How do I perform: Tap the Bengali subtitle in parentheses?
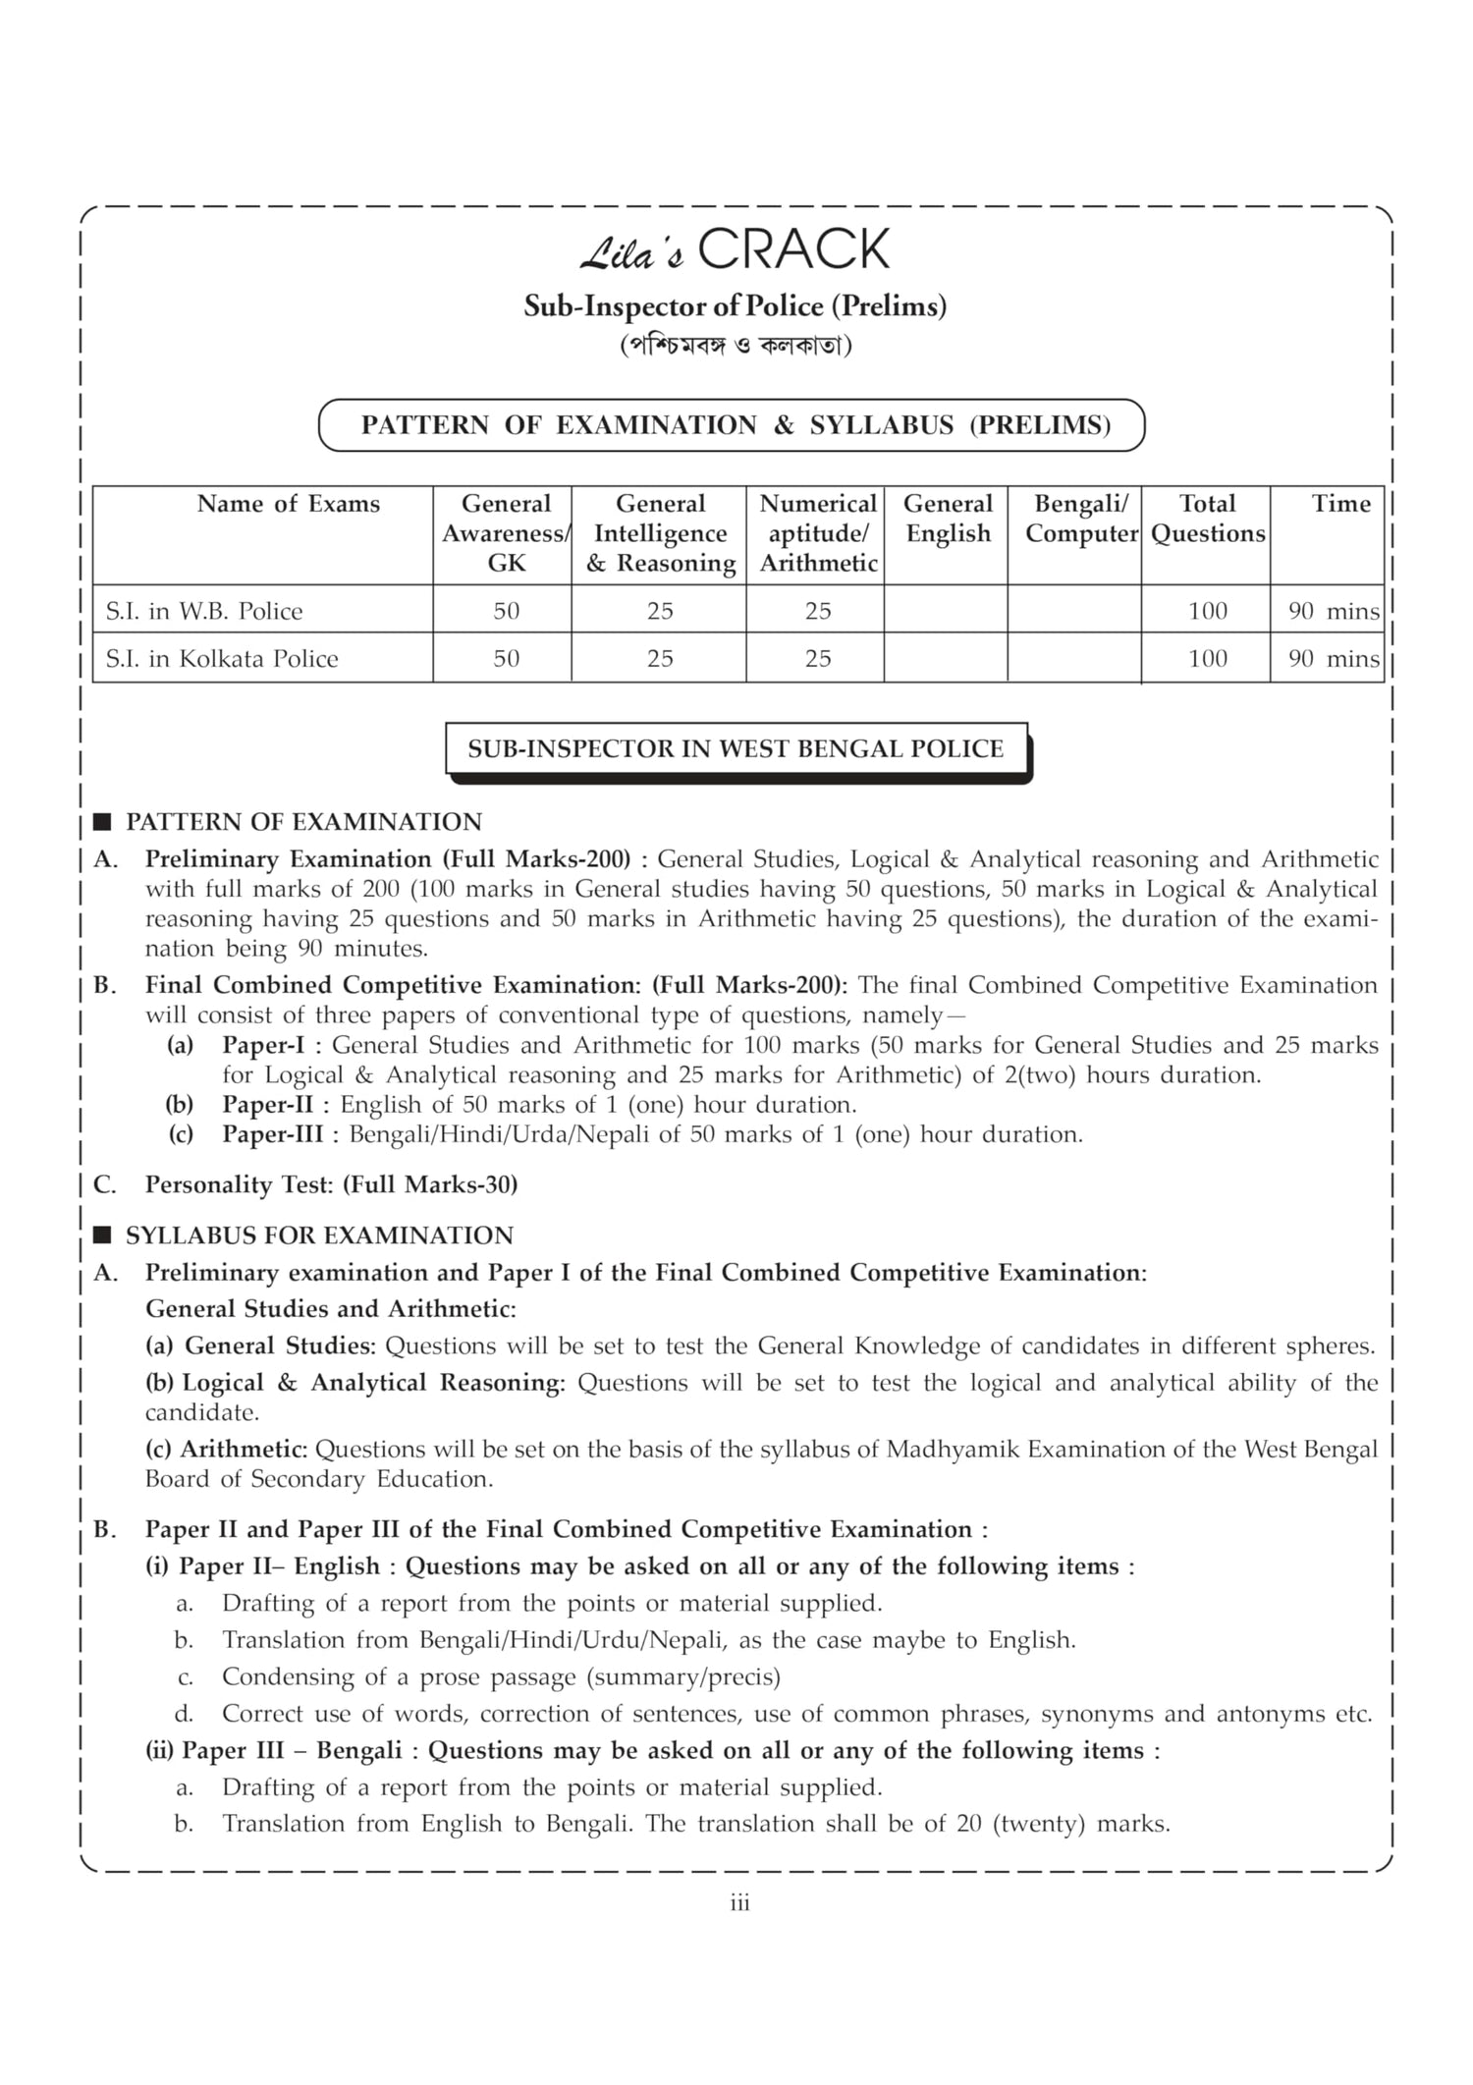click(x=736, y=347)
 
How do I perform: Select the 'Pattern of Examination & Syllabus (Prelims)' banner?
click(x=732, y=425)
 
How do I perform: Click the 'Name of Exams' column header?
click(x=288, y=504)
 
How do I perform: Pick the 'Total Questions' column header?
click(x=1207, y=519)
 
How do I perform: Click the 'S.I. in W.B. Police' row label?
click(x=204, y=611)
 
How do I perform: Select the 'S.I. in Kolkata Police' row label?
click(x=222, y=658)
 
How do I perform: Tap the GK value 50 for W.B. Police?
click(x=506, y=611)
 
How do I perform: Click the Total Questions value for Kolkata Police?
click(x=1207, y=658)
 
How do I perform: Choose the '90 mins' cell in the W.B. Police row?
click(x=1334, y=611)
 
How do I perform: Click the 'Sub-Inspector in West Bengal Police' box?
click(x=736, y=749)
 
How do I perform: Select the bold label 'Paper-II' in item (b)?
click(x=267, y=1104)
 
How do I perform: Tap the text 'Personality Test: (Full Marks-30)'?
click(x=331, y=1184)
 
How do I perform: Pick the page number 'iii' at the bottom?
click(x=739, y=1903)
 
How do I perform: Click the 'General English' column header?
click(x=948, y=519)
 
